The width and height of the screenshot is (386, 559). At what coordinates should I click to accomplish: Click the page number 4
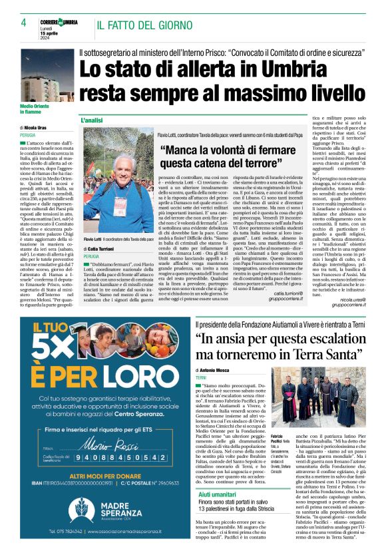point(23,23)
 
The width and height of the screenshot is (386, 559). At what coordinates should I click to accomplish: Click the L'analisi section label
point(91,120)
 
